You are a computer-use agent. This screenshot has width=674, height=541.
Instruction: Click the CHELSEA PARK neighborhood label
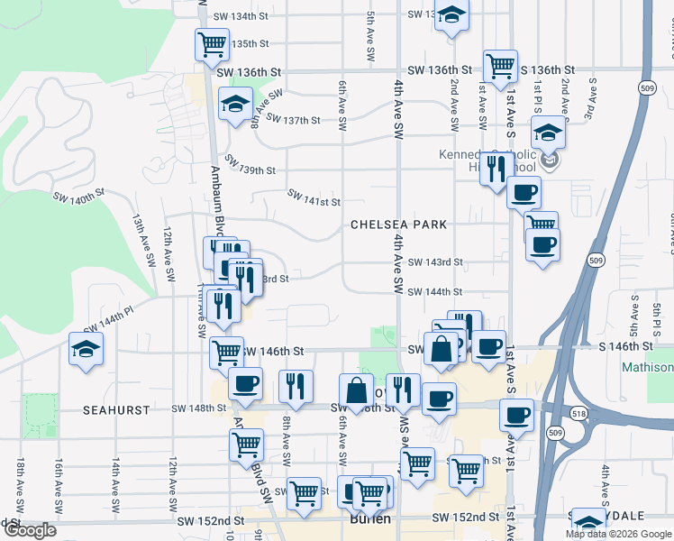tap(399, 224)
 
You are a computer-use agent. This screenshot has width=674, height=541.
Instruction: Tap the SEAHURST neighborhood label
tap(116, 409)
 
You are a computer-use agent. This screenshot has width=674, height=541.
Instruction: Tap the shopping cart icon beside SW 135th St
tap(213, 44)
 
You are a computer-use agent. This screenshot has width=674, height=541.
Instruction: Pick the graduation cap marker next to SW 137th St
tap(236, 106)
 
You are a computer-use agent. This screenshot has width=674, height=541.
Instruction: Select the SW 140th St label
tap(79, 196)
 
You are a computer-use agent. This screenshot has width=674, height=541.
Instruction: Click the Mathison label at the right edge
tap(647, 367)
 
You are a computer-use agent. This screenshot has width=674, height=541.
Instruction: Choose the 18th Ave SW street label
tap(20, 480)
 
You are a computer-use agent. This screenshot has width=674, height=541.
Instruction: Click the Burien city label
tap(369, 519)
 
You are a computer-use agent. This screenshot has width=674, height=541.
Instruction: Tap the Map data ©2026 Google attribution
tap(618, 534)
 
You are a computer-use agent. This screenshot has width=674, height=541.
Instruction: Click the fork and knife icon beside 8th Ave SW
tap(296, 386)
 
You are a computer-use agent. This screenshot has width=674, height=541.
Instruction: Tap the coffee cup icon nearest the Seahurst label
tap(245, 384)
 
